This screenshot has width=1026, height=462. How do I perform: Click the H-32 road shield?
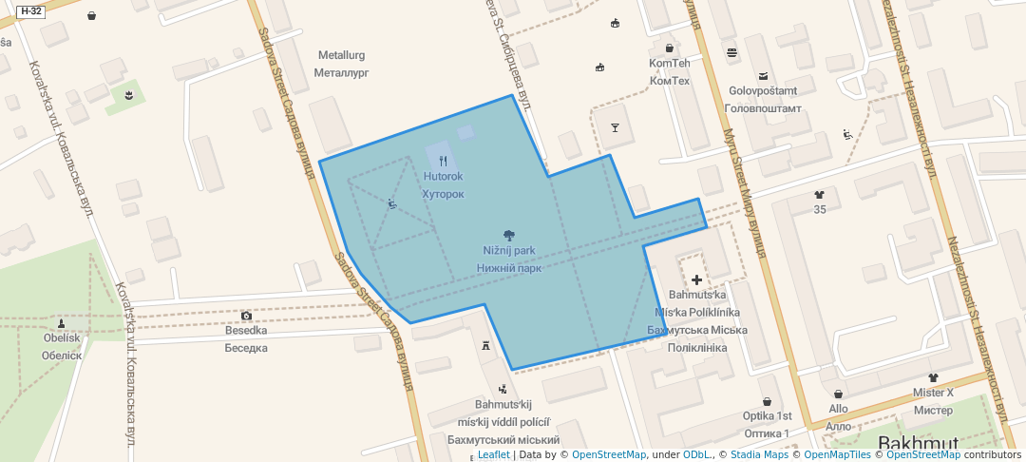click(x=30, y=11)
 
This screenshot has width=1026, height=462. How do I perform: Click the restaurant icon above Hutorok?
click(x=444, y=161)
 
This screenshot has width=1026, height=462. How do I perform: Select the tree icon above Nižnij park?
click(x=509, y=234)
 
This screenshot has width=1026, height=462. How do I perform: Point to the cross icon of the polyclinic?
click(x=697, y=279)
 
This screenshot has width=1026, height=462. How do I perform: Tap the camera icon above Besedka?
click(x=246, y=316)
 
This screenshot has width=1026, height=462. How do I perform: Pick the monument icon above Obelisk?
click(x=62, y=321)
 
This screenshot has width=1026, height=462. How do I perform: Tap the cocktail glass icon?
click(x=615, y=127)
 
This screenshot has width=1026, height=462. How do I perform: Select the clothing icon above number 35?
click(x=820, y=195)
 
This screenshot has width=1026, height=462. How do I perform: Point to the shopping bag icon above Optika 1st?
click(x=767, y=401)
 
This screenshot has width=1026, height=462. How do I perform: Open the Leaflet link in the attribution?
click(x=493, y=454)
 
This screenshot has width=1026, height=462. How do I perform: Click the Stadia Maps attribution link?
click(x=759, y=454)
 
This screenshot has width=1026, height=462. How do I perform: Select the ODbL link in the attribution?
click(x=697, y=454)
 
